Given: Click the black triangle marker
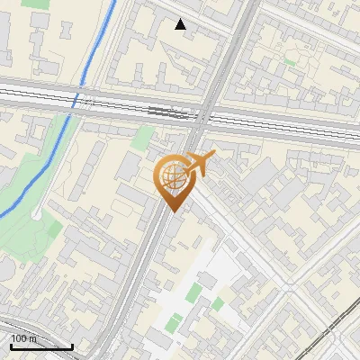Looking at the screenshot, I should (x=181, y=24).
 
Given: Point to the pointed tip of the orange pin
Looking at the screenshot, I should (x=172, y=211).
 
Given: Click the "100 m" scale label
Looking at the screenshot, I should (x=24, y=338).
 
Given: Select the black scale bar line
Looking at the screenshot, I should (x=41, y=346).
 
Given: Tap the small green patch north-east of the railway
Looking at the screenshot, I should (x=290, y=61).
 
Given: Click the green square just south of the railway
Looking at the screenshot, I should (x=142, y=138).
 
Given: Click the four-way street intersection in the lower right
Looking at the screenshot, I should (x=291, y=286).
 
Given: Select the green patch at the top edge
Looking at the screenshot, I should (x=36, y=4).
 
